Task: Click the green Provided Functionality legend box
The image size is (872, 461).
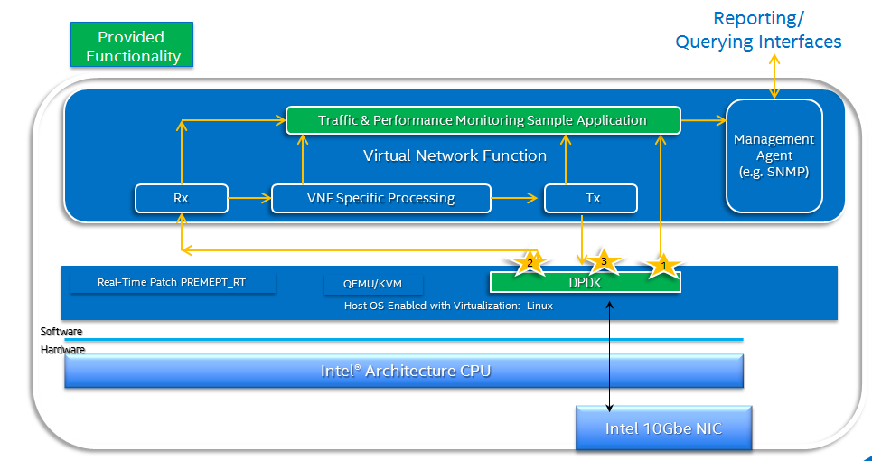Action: (131, 46)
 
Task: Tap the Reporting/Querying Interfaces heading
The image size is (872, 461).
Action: (758, 30)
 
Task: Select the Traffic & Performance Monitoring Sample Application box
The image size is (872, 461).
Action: (483, 120)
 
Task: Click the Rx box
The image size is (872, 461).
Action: (182, 198)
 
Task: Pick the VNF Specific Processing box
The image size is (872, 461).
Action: (380, 198)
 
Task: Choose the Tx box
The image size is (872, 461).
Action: (591, 198)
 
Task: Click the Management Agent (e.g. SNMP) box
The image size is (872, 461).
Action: (774, 155)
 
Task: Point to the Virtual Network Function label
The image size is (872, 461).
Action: (455, 155)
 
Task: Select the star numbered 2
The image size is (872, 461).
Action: (530, 263)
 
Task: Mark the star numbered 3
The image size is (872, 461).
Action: (604, 261)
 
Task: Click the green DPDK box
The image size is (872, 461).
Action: (585, 282)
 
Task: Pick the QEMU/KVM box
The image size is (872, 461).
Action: (371, 284)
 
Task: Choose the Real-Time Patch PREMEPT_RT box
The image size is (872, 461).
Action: (172, 282)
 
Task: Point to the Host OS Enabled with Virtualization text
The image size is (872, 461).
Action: (448, 306)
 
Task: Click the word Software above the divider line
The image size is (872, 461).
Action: (61, 332)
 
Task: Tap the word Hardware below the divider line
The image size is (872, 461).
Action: (63, 349)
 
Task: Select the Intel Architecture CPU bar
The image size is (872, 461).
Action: (404, 371)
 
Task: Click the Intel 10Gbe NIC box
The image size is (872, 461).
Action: (663, 428)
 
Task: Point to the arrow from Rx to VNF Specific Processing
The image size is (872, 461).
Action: (249, 198)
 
